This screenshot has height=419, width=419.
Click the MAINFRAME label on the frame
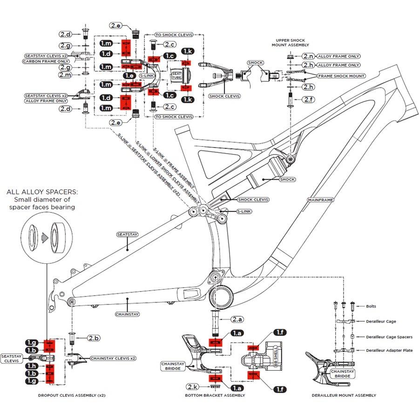(x=320, y=200)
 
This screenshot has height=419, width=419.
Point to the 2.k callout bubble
(x=193, y=387)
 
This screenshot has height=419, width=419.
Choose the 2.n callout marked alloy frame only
(x=308, y=56)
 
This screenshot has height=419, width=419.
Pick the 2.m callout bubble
(x=65, y=75)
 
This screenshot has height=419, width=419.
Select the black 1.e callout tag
(x=129, y=75)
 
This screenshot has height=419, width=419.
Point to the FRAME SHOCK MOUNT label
(x=341, y=76)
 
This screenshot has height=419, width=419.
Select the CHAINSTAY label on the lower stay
(x=128, y=314)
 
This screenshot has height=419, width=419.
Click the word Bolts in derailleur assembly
(x=371, y=306)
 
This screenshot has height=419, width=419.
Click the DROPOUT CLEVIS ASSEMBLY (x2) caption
(x=72, y=395)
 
